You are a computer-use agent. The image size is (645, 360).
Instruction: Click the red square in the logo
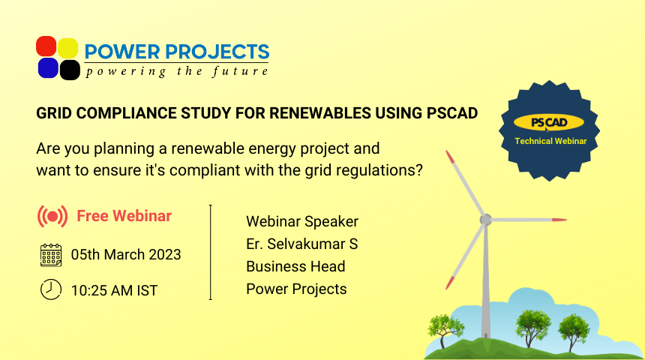[46, 46]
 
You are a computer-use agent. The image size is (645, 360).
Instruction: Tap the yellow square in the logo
[67, 48]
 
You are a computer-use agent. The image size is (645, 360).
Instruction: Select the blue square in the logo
[48, 68]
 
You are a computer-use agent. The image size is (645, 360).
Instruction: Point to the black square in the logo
[70, 70]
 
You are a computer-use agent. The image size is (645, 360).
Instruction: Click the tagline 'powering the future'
[177, 71]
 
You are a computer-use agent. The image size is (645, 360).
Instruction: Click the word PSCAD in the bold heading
[452, 113]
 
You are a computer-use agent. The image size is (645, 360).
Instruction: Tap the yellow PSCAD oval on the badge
[549, 122]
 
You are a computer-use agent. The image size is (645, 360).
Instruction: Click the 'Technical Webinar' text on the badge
[550, 141]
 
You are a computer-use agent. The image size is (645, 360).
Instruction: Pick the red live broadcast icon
[52, 217]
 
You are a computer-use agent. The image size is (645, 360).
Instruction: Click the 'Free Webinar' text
[124, 216]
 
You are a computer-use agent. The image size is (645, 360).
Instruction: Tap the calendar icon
[51, 255]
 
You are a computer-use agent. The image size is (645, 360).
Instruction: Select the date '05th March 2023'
[126, 255]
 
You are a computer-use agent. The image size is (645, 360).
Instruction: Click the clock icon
[51, 289]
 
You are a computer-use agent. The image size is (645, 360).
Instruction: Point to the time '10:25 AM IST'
[114, 290]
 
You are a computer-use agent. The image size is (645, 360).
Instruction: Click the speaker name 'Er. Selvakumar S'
[302, 244]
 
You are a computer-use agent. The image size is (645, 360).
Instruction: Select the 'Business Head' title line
[295, 266]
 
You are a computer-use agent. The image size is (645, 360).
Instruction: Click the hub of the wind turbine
[486, 220]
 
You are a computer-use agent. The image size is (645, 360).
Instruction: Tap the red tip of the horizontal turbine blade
[559, 220]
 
